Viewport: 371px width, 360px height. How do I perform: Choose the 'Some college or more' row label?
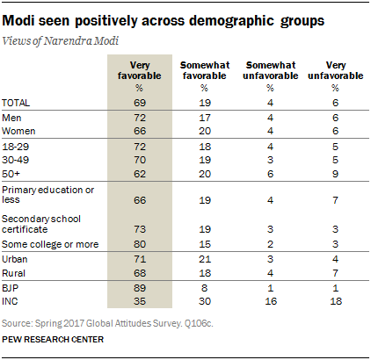click(x=51, y=243)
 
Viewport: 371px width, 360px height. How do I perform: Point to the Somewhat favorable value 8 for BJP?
click(x=204, y=286)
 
